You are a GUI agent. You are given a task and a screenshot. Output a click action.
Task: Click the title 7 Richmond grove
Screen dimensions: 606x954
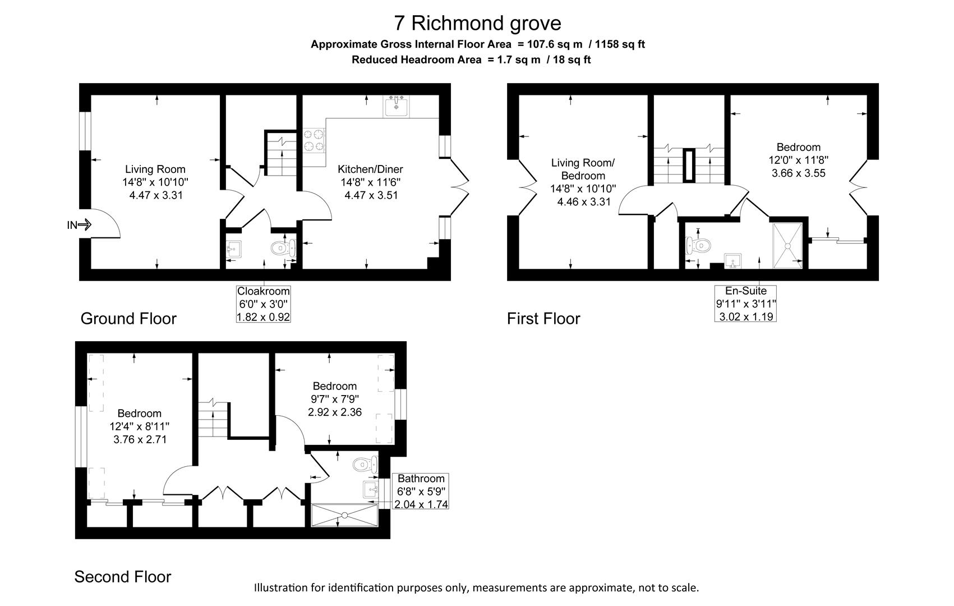[x=477, y=23]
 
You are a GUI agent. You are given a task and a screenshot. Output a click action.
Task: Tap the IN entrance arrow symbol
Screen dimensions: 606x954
[x=85, y=225]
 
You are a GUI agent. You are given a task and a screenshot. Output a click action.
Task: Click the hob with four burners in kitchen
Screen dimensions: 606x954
[x=314, y=140]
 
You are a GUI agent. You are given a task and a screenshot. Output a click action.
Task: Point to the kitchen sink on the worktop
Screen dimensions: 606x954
[x=397, y=106]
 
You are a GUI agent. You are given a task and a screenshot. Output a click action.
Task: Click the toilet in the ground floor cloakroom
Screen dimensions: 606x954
[x=280, y=247]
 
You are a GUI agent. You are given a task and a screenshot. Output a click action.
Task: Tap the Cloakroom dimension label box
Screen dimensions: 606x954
[x=264, y=304]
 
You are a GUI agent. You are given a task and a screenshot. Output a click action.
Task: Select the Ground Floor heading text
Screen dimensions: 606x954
[x=128, y=318]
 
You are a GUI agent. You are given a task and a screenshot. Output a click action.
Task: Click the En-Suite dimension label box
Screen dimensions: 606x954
[x=745, y=304]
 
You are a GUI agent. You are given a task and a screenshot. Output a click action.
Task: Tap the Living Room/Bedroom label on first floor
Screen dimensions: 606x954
[x=583, y=169]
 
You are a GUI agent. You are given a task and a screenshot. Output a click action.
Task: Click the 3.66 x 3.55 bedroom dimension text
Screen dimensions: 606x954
[x=798, y=173]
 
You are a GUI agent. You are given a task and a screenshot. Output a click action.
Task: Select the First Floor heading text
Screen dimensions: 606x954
[x=543, y=318]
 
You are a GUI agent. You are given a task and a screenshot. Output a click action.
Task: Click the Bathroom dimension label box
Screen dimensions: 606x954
[x=421, y=491]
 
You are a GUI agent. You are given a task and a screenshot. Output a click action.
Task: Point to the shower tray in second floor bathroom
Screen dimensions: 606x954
[x=344, y=515]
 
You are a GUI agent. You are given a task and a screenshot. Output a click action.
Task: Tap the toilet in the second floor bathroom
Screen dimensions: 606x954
[x=365, y=464]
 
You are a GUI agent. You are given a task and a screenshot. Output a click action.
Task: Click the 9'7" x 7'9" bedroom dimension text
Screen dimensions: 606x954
[x=335, y=399]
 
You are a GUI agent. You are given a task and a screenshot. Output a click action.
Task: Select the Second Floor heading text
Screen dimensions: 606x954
[x=123, y=576]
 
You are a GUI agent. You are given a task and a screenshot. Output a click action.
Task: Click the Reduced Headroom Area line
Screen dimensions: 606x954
[x=471, y=59]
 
